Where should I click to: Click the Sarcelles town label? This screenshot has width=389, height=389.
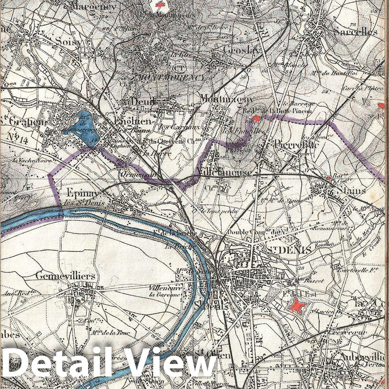coord(355,31)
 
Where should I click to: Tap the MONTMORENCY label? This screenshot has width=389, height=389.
coord(171,77)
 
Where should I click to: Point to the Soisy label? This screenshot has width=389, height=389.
coord(69,42)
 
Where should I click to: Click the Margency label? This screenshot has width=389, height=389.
coord(93,6)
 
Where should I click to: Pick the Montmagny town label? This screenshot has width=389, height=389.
coord(227,99)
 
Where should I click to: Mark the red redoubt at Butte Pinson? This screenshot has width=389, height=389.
coord(256,119)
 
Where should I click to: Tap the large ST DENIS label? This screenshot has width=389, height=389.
coord(282,249)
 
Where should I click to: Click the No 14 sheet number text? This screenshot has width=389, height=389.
coord(18,141)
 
